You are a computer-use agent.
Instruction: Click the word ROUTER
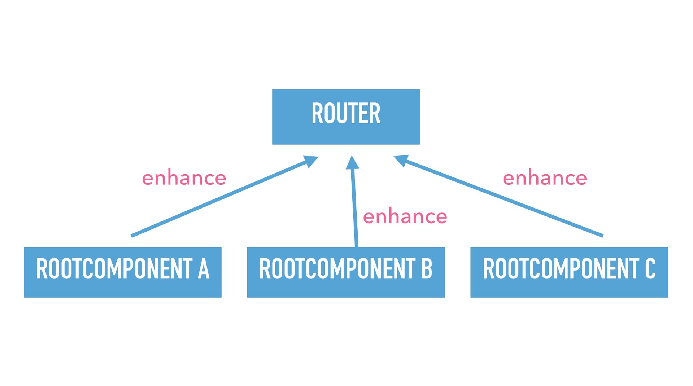click(346, 114)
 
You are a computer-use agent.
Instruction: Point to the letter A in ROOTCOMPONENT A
click(204, 269)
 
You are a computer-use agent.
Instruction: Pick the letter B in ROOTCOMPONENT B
click(427, 269)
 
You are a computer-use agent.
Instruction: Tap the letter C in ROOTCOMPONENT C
click(650, 269)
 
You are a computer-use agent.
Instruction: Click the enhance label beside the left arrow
click(184, 178)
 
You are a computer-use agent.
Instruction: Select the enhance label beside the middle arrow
click(405, 217)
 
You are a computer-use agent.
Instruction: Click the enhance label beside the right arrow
click(545, 178)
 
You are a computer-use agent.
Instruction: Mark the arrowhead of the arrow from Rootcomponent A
click(311, 161)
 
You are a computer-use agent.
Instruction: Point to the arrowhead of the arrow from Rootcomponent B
click(352, 162)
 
